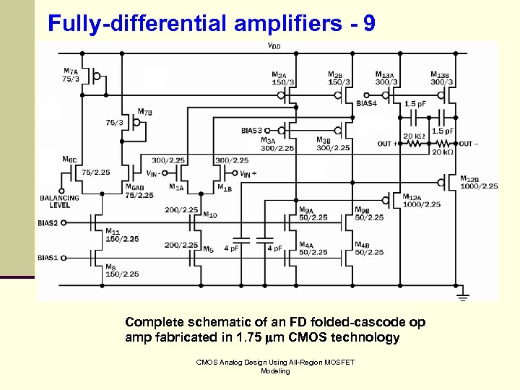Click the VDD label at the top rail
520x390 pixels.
(274, 47)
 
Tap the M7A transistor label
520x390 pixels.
(71, 71)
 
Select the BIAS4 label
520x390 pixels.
(366, 103)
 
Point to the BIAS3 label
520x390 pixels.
(252, 131)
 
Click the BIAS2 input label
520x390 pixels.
(48, 223)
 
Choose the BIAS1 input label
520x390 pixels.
(48, 257)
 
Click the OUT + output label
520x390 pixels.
(388, 144)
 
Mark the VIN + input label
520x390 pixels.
(245, 173)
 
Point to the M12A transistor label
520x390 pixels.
(412, 196)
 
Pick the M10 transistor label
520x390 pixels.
(210, 214)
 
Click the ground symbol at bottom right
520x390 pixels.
(463, 296)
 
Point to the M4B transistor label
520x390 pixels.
(364, 245)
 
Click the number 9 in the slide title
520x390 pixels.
(369, 24)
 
